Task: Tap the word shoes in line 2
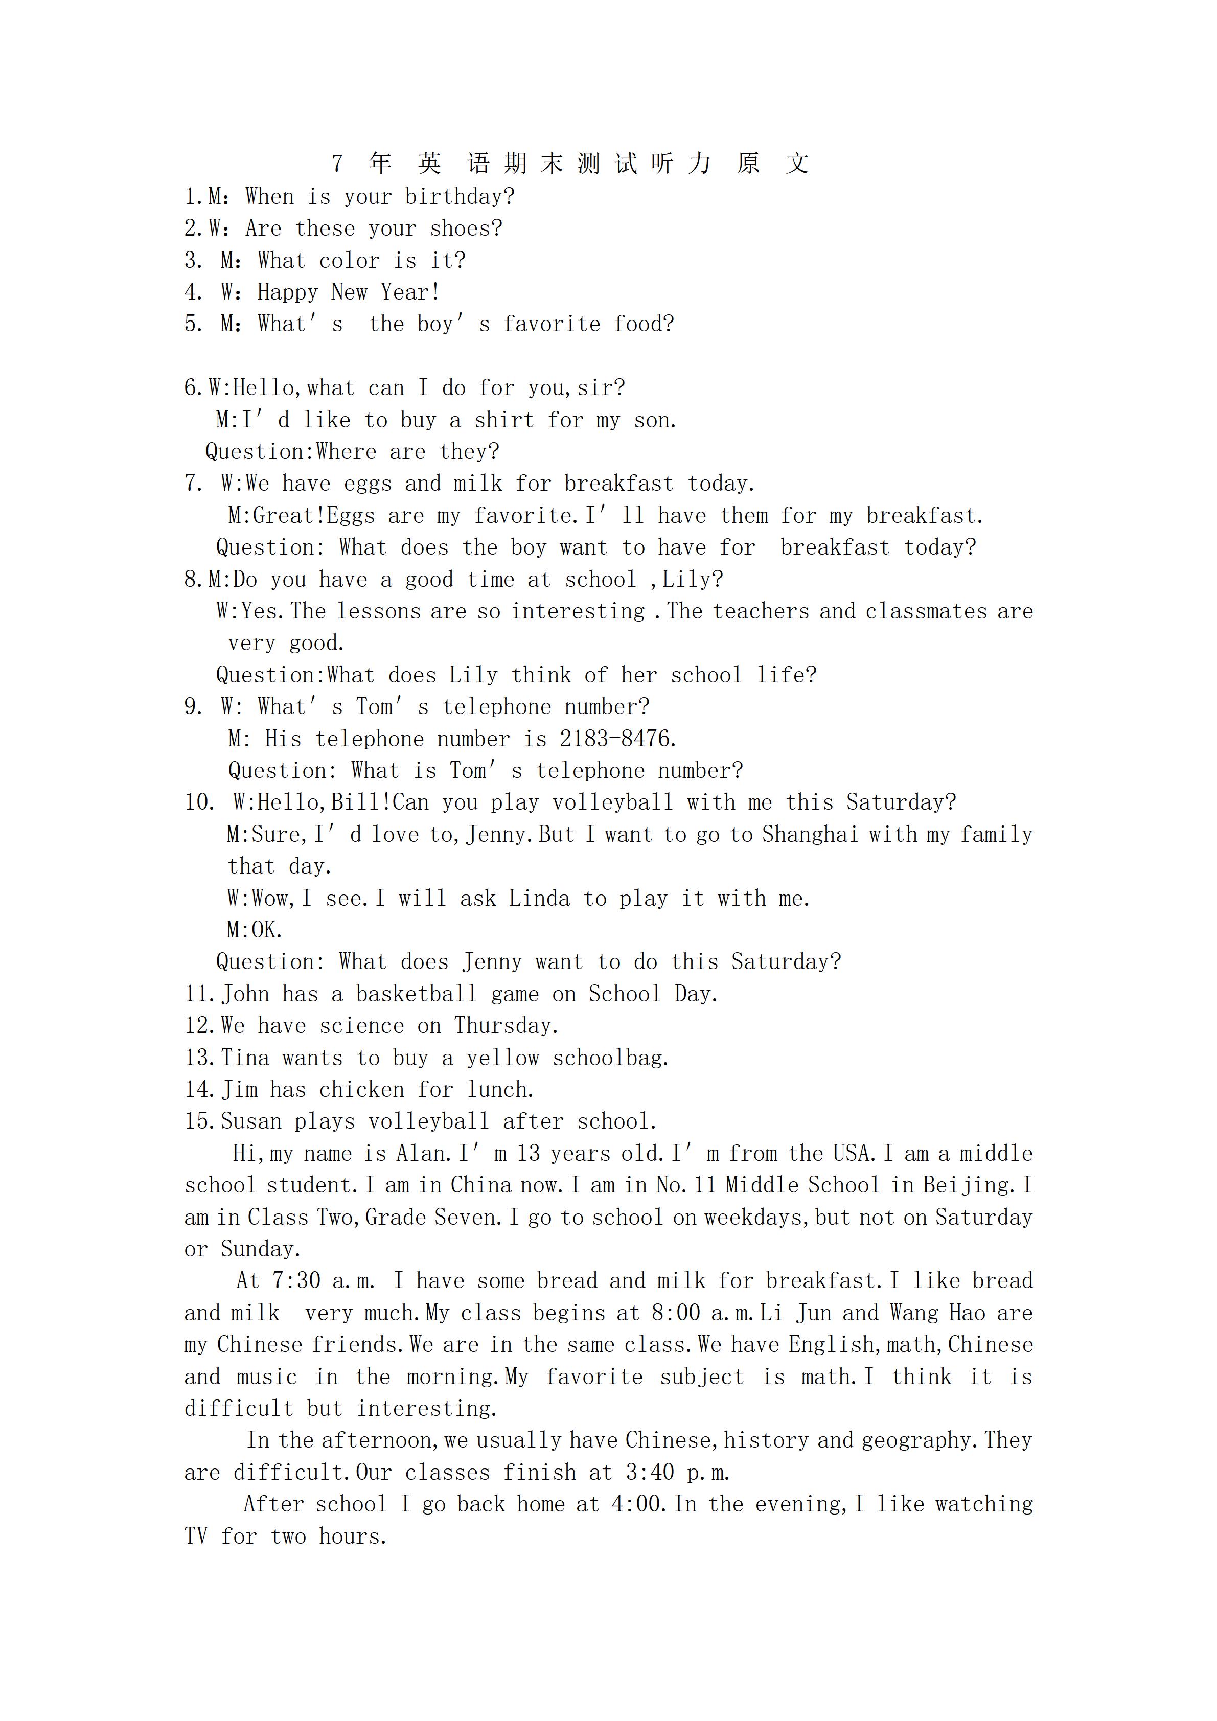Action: tap(465, 228)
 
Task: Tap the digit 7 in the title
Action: tap(337, 164)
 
